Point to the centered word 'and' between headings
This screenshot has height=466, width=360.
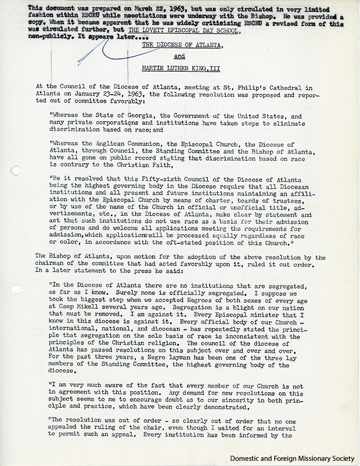click(x=179, y=56)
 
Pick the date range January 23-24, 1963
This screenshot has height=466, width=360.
click(x=125, y=95)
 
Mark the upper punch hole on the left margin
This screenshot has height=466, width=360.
click(x=15, y=170)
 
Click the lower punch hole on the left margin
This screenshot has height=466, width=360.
click(x=16, y=289)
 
